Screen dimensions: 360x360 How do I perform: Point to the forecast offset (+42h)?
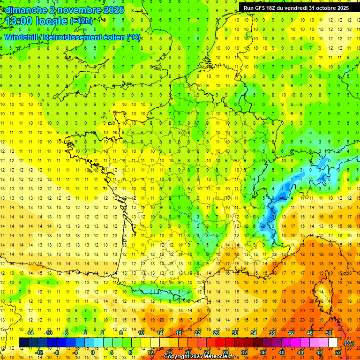click(x=82, y=21)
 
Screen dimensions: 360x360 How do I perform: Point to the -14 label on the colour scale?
click(x=30, y=333)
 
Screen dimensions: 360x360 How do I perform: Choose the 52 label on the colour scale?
click(x=338, y=352)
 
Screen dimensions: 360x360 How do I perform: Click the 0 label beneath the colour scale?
click(x=92, y=352)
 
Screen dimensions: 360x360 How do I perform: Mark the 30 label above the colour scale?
click(x=234, y=333)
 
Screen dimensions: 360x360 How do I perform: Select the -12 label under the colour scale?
click(x=39, y=352)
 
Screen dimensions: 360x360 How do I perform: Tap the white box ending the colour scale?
click(x=333, y=342)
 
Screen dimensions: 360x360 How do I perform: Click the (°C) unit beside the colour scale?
click(x=349, y=343)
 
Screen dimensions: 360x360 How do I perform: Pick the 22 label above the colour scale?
click(x=197, y=333)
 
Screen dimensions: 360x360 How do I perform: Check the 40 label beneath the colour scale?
click(x=281, y=352)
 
